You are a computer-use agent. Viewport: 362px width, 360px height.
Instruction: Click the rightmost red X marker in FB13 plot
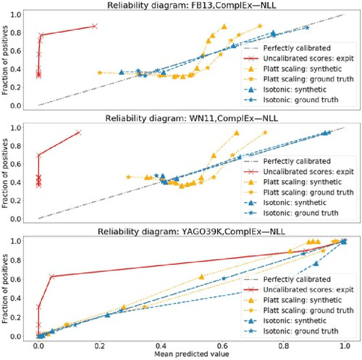tap(94, 26)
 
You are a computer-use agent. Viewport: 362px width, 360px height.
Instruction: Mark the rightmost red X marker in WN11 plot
tap(78, 132)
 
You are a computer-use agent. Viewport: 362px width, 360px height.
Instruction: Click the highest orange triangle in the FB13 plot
tap(225, 27)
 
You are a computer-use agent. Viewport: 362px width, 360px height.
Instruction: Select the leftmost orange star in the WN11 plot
tap(128, 177)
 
